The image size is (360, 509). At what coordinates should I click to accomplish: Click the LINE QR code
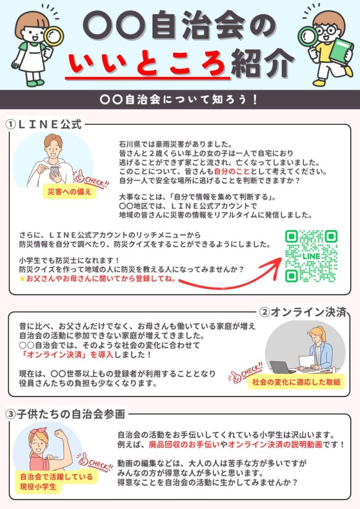311,256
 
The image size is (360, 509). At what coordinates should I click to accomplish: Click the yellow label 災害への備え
70,191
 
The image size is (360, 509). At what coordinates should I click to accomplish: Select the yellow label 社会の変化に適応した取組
296,382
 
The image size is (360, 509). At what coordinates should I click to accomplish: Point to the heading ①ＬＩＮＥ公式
44,124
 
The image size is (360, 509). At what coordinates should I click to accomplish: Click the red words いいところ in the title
148,63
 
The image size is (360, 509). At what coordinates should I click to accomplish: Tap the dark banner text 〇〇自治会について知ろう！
180,99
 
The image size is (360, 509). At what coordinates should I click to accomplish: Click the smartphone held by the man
55,170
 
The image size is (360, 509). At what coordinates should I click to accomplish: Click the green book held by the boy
340,52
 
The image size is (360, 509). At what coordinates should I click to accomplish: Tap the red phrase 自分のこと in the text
232,171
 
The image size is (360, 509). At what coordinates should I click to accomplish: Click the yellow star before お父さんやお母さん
22,278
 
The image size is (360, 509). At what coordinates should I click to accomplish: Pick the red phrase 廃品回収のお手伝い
184,444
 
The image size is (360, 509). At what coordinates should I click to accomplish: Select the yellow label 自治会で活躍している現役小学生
56,481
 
